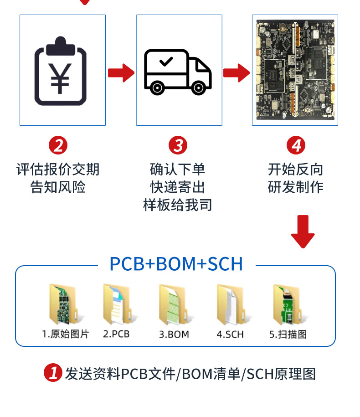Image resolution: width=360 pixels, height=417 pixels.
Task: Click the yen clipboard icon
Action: tap(61, 71)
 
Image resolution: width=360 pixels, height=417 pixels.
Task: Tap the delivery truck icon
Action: tap(178, 72)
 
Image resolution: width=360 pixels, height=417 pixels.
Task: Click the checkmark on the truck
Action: tap(166, 62)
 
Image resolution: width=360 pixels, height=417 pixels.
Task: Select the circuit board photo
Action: tap(295, 69)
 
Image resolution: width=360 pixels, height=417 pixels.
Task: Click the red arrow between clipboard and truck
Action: tap(121, 73)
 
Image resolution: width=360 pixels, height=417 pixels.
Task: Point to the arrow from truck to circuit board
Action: tap(237, 73)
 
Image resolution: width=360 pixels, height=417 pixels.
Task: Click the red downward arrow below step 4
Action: tap(303, 232)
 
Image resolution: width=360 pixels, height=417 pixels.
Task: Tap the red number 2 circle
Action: tap(58, 145)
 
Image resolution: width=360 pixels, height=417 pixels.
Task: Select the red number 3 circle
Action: tap(178, 145)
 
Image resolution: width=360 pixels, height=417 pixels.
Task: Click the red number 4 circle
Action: tap(296, 145)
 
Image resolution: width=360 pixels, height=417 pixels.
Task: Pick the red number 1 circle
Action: tap(53, 373)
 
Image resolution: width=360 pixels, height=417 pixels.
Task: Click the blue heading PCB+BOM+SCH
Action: tap(176, 264)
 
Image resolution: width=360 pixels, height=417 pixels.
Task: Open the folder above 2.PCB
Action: tap(119, 304)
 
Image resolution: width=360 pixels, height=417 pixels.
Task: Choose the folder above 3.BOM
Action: tap(175, 305)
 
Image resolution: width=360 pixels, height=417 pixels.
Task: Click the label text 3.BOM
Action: tap(174, 335)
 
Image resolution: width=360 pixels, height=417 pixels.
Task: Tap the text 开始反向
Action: tap(296, 170)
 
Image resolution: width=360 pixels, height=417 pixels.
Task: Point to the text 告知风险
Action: tap(58, 187)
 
